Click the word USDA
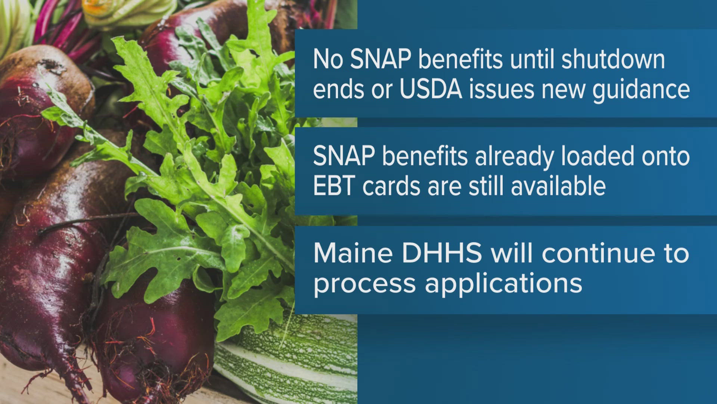click(x=431, y=90)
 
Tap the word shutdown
click(x=613, y=60)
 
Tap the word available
click(x=558, y=186)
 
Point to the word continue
click(x=598, y=253)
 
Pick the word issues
click(x=502, y=90)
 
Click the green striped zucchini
click(x=291, y=359)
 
